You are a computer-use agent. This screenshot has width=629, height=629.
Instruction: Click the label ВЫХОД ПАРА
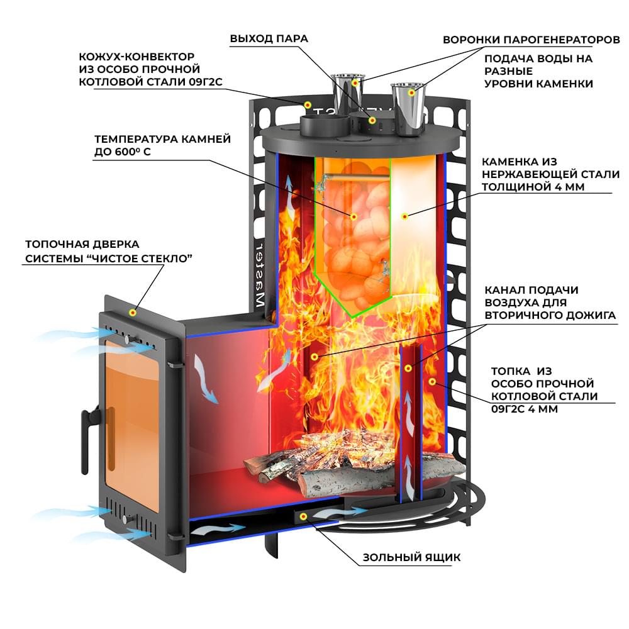[269, 38]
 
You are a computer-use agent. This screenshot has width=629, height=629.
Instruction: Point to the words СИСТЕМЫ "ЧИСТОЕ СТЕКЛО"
[108, 259]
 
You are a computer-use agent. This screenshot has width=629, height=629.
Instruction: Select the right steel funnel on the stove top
[409, 107]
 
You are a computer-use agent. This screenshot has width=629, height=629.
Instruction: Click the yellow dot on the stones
[353, 216]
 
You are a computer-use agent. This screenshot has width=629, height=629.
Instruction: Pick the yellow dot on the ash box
[303, 516]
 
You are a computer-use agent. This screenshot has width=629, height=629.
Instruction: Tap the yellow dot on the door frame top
[133, 312]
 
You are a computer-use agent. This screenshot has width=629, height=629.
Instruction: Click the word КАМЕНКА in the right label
[508, 162]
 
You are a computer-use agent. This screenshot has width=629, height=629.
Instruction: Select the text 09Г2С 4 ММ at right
[524, 409]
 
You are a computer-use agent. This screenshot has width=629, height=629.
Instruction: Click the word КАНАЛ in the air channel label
[503, 290]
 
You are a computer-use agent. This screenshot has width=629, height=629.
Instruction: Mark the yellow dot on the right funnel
[412, 92]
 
